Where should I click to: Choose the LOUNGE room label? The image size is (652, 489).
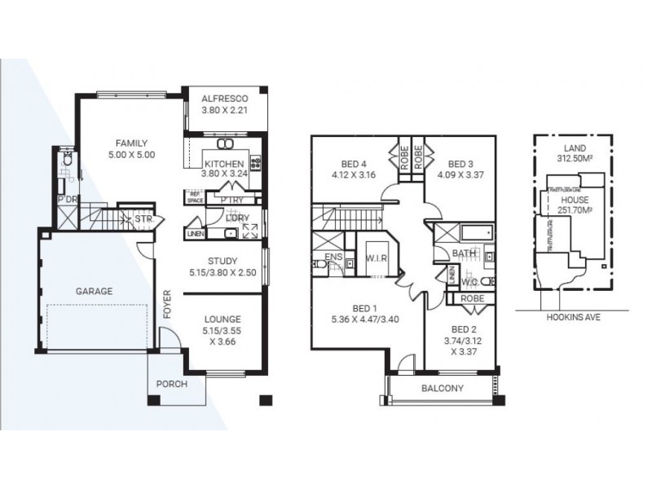[x=222, y=320]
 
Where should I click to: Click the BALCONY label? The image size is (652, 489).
[x=443, y=389]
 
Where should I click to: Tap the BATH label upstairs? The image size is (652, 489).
[x=464, y=253]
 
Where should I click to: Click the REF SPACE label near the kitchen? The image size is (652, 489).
[x=195, y=196]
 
